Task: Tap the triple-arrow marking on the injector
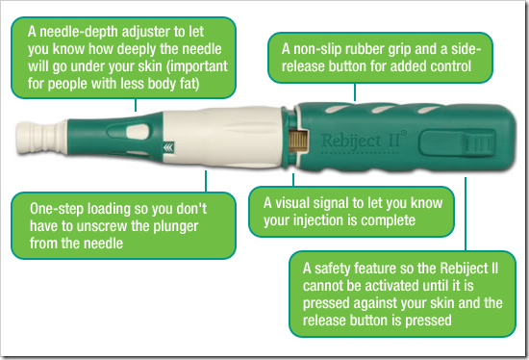coord(168,147)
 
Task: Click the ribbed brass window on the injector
coord(298,141)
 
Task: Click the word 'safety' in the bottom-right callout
coord(332,269)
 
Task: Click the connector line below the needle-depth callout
coord(136,105)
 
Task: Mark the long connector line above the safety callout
coord(466,214)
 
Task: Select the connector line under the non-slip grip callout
coord(355,91)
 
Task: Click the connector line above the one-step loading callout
coord(206,181)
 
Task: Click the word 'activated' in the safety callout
coord(393,286)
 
